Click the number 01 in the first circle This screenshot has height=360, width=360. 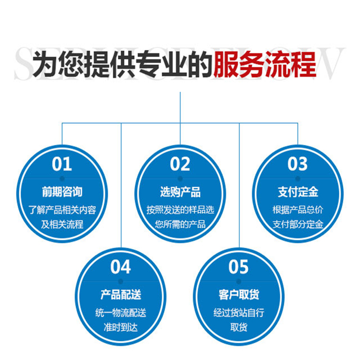point(62,165)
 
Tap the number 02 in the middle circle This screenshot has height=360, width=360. point(180,165)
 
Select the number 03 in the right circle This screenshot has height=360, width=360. point(298,165)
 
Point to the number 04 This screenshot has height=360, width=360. point(120,267)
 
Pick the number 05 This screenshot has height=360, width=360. point(239,267)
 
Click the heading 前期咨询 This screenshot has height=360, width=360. point(62,192)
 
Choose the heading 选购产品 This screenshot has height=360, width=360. point(180,192)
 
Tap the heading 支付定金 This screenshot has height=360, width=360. point(298,192)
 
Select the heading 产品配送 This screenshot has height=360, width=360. point(120,294)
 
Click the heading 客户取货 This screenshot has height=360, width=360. point(239,294)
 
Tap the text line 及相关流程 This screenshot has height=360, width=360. point(62,224)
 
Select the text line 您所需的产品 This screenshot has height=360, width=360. point(180,224)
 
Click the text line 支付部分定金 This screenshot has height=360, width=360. point(298,224)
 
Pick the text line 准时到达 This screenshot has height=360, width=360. point(120,326)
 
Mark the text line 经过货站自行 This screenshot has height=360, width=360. point(239,313)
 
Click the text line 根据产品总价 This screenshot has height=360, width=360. point(298,210)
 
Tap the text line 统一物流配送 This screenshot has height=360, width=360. point(120,313)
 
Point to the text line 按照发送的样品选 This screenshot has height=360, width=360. point(180,210)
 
